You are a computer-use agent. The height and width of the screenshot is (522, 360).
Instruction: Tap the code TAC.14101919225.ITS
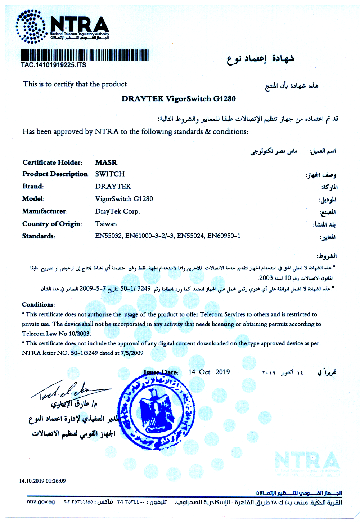54,65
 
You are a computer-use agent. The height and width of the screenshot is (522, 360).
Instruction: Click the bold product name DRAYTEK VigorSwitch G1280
179,99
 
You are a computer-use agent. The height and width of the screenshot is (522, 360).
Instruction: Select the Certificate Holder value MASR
106,162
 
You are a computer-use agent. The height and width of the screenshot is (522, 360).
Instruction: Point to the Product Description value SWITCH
110,174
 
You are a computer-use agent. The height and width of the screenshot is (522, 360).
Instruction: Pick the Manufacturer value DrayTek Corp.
117,211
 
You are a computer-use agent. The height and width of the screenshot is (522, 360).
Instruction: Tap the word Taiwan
106,224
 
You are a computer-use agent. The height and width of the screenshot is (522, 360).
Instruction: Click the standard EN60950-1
224,236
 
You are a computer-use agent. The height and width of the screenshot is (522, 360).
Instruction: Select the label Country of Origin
52,224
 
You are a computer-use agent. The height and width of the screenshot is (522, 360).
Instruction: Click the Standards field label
39,236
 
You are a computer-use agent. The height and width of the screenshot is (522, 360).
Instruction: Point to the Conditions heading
38,304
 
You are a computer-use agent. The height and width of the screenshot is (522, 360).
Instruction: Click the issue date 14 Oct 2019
209,372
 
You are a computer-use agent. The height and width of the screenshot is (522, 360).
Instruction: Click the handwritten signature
68,391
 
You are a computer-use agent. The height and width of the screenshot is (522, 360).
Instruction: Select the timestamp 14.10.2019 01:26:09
42,481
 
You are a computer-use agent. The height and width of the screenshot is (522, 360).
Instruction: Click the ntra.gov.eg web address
41,502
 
